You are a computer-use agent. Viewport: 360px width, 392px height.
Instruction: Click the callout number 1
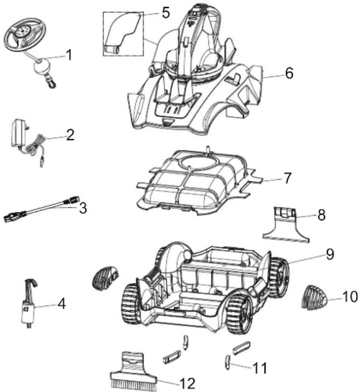click(x=69, y=55)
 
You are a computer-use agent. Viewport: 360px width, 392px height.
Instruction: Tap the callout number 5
click(x=165, y=12)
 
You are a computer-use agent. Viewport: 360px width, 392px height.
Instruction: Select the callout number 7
click(x=287, y=178)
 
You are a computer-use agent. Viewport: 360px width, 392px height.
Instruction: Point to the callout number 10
click(x=350, y=297)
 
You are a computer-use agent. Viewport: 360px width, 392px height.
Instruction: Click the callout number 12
click(x=188, y=383)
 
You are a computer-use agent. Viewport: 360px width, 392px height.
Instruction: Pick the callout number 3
click(x=83, y=208)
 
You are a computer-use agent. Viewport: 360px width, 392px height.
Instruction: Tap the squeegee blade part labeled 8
click(x=285, y=225)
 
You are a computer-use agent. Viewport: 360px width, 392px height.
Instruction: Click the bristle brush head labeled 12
click(x=133, y=371)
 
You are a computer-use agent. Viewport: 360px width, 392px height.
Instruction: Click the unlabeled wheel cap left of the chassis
click(x=105, y=277)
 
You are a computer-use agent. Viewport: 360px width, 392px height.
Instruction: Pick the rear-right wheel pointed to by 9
click(x=279, y=277)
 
